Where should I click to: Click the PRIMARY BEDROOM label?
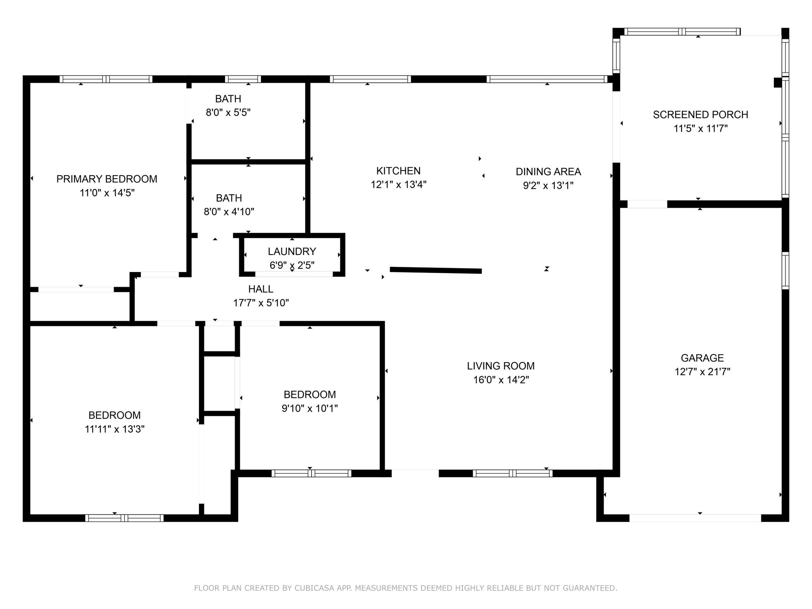click(107, 179)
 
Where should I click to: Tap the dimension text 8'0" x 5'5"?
click(228, 113)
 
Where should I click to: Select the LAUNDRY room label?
click(292, 251)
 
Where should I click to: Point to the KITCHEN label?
click(398, 171)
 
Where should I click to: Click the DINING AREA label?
click(548, 172)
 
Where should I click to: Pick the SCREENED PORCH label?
click(700, 115)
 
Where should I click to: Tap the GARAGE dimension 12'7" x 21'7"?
click(702, 372)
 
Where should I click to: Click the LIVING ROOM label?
click(500, 366)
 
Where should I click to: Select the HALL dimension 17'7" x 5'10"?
click(261, 303)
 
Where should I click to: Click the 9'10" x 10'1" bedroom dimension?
click(309, 408)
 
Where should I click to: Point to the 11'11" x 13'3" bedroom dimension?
click(114, 429)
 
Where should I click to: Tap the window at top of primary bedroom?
click(106, 79)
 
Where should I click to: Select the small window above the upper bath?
click(243, 79)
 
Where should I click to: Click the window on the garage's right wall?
click(785, 270)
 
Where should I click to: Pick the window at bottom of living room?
click(512, 473)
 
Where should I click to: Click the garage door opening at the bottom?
click(695, 518)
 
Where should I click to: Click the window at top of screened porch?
click(682, 31)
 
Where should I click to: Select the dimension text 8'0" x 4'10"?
click(229, 212)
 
